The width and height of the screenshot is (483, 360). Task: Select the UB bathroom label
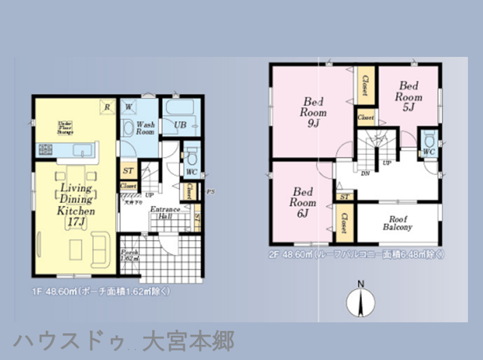(180, 125)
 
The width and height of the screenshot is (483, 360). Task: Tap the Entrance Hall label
(164, 212)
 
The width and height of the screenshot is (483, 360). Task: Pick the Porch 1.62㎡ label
(129, 256)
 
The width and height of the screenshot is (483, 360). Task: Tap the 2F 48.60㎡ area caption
(356, 254)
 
